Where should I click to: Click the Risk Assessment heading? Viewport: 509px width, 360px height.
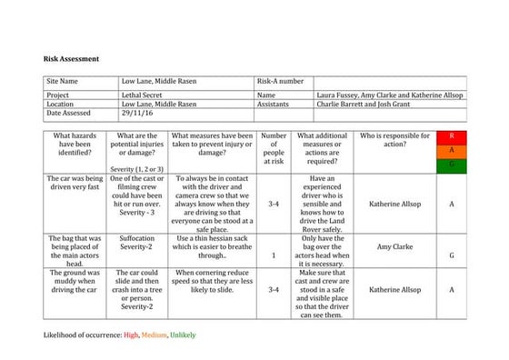(x=72, y=58)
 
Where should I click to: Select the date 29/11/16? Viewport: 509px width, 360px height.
(x=139, y=114)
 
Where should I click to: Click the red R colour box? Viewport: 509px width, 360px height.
(x=452, y=136)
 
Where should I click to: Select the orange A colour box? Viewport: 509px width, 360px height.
(x=452, y=150)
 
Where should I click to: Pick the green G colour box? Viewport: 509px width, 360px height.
(x=452, y=164)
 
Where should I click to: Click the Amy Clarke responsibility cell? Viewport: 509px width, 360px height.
(x=394, y=245)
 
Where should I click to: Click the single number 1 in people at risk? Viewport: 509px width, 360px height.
(x=274, y=255)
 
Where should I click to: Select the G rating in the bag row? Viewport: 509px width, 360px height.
(x=452, y=255)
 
